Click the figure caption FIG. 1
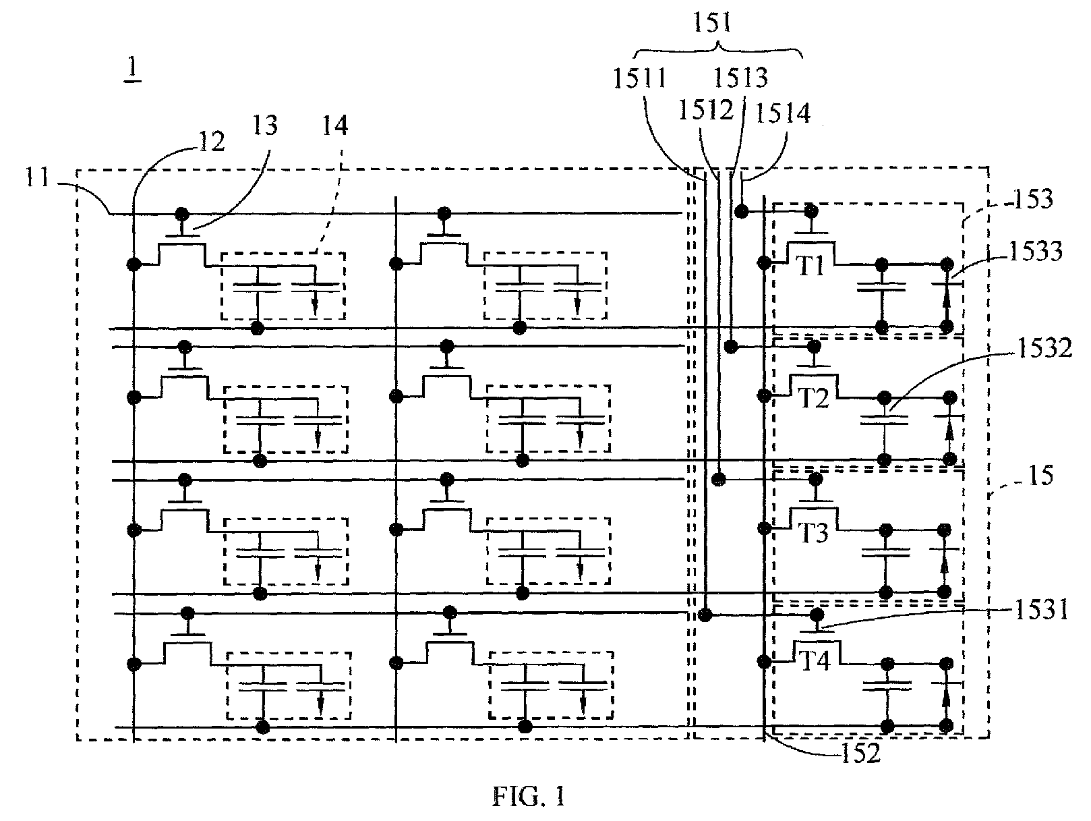[529, 797]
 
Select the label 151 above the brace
[712, 22]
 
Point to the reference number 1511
[640, 78]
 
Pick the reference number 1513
[740, 78]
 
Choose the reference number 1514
[783, 113]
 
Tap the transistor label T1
[811, 266]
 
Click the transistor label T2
[814, 398]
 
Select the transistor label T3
[814, 532]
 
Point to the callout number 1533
[1035, 251]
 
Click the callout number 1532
[1044, 348]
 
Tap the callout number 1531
[1041, 610]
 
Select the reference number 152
[861, 754]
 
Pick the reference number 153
[1033, 199]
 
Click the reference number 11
[37, 177]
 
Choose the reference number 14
[335, 125]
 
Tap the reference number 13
[264, 125]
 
